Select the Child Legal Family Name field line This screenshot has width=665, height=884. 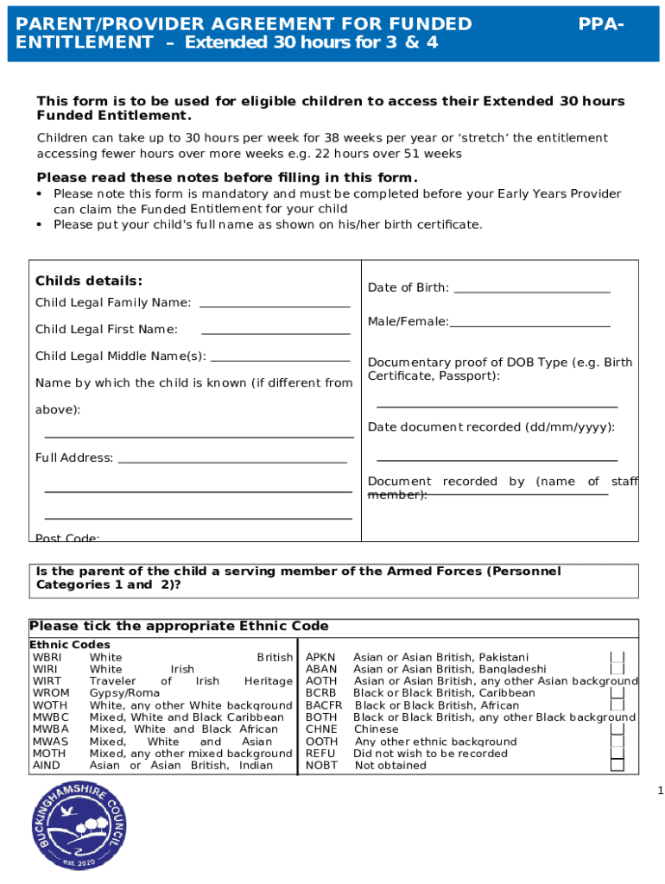(x=275, y=306)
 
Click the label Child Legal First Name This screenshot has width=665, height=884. (x=106, y=329)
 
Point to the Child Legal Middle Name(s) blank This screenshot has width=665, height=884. (x=280, y=360)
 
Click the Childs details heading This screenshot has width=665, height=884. (x=88, y=281)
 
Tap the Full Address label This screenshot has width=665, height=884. (x=74, y=458)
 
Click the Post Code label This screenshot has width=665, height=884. (x=67, y=538)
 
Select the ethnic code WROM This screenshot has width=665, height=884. (x=51, y=693)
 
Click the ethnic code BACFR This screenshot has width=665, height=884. (x=324, y=705)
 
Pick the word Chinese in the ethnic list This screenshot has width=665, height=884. (x=377, y=729)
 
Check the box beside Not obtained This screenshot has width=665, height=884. (x=617, y=765)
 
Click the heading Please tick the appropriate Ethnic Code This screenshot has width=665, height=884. (x=179, y=626)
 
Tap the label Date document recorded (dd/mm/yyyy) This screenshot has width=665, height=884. (x=491, y=427)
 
